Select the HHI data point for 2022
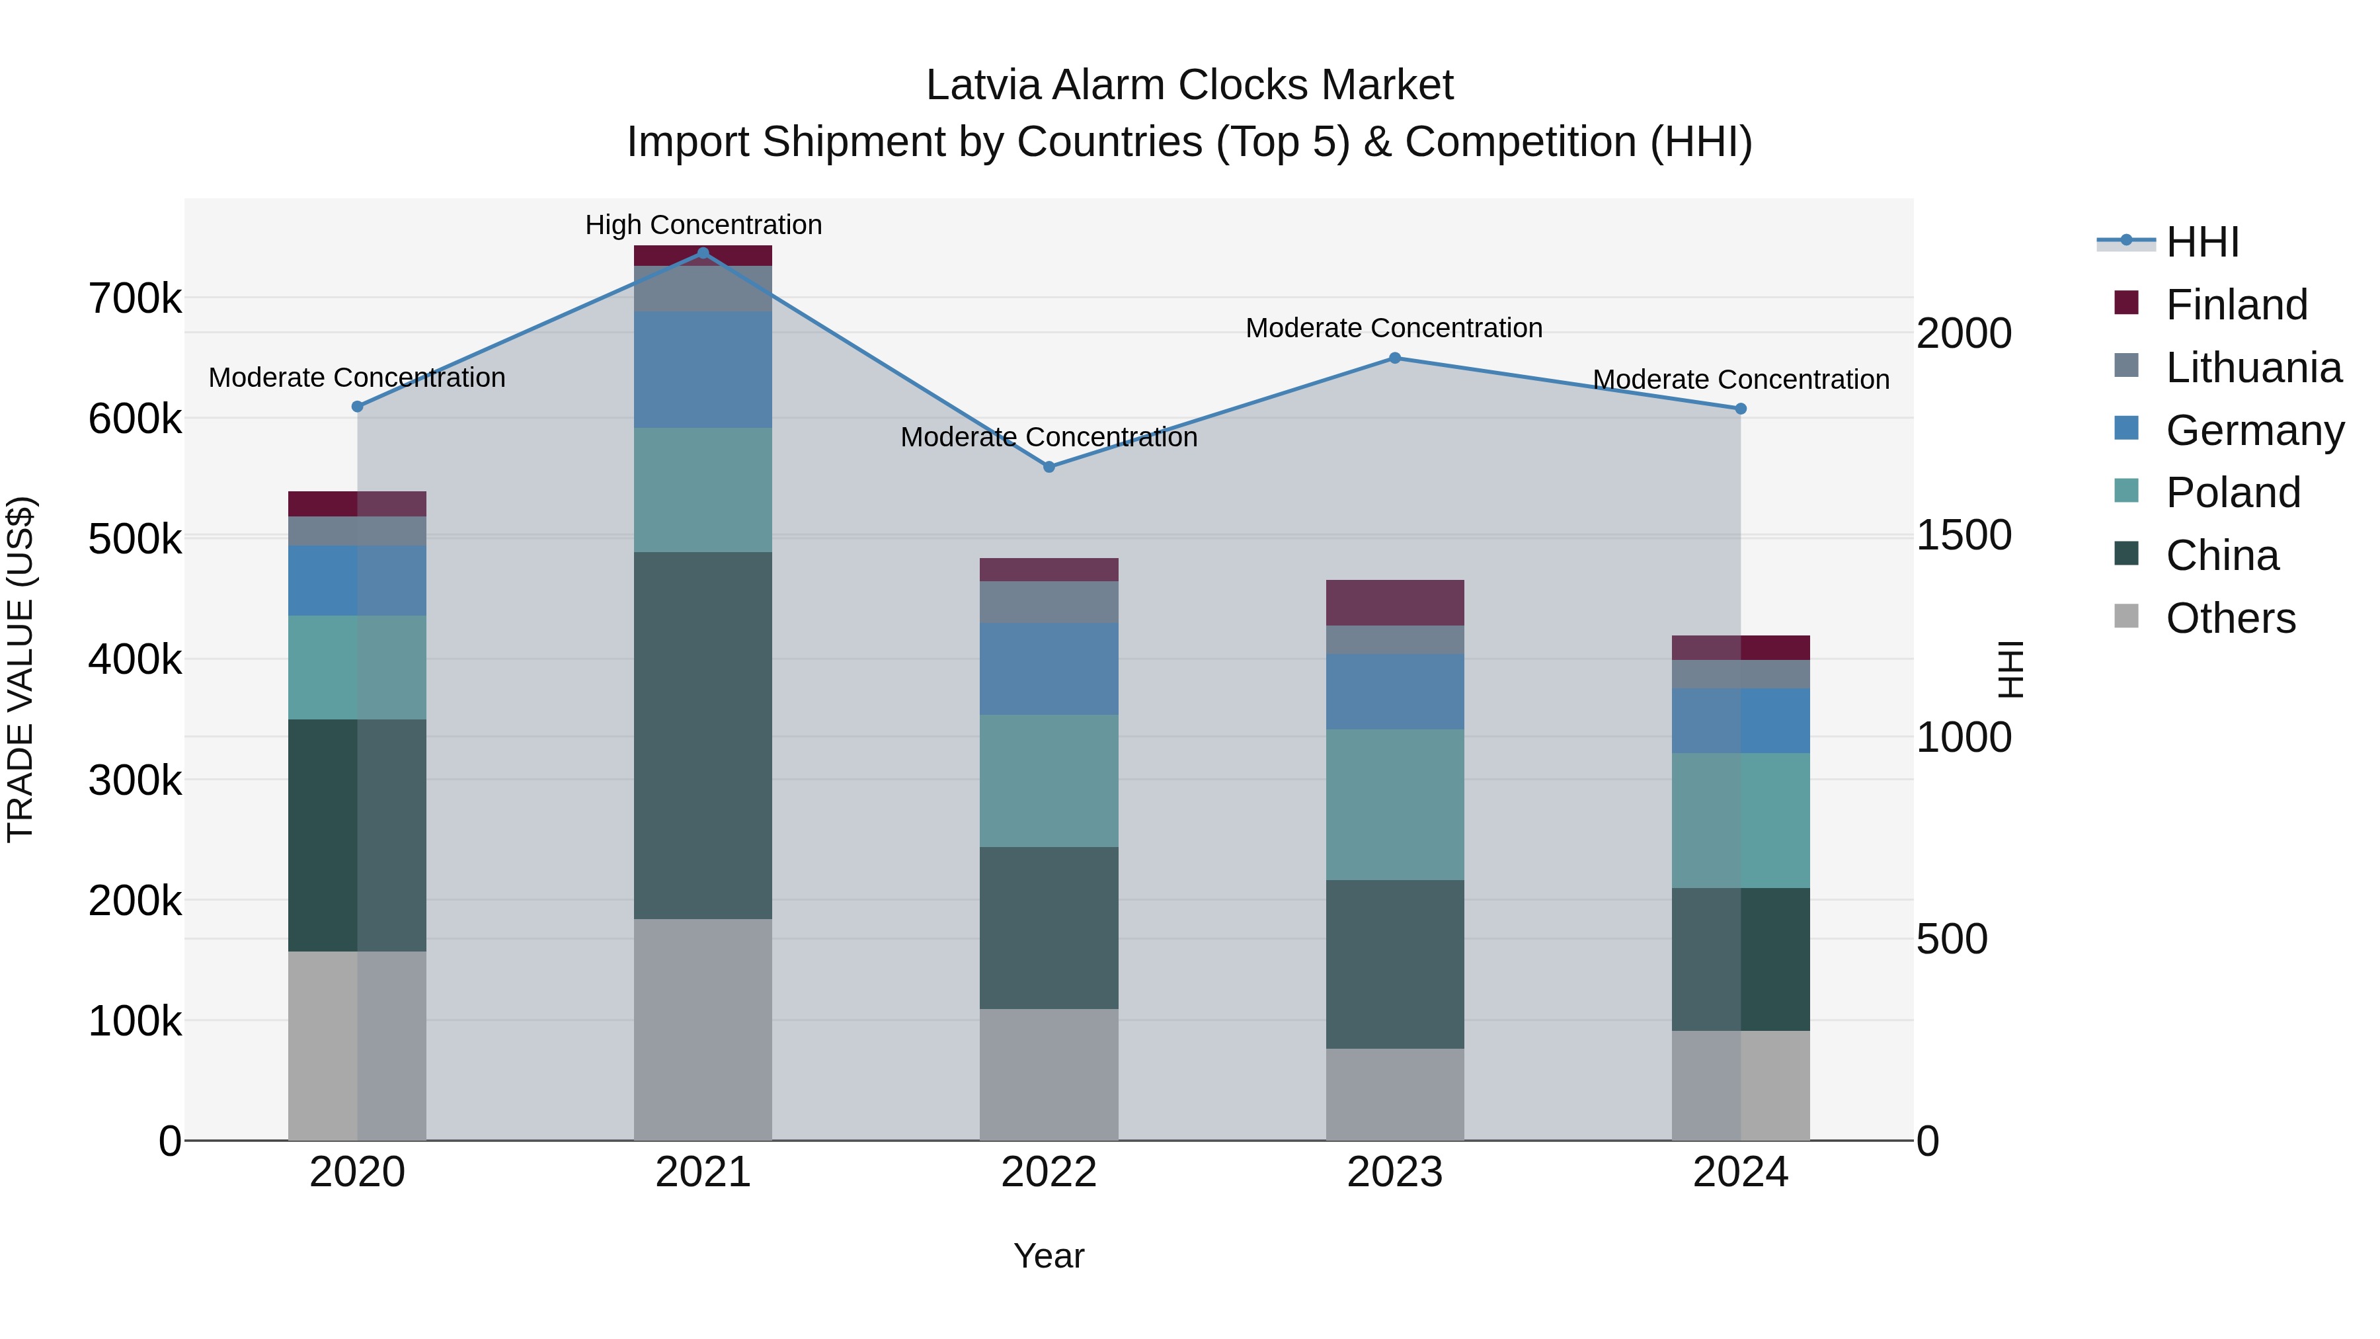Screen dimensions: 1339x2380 point(1049,467)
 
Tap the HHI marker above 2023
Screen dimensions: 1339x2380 point(1395,358)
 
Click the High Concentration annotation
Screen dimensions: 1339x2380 point(703,225)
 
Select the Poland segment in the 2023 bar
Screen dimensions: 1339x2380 point(1395,804)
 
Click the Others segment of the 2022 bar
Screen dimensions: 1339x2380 point(1049,1074)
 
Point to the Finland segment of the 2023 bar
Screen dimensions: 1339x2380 point(1395,602)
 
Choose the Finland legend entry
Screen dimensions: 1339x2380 point(2236,305)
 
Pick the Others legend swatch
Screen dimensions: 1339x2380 point(2126,616)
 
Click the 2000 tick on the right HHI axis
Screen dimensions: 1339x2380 point(1963,334)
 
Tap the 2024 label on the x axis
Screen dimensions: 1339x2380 point(1740,1172)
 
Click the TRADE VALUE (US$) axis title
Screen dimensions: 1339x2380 point(20,669)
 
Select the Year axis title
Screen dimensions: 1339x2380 point(1049,1256)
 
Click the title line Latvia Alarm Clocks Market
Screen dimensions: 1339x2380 point(1189,85)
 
